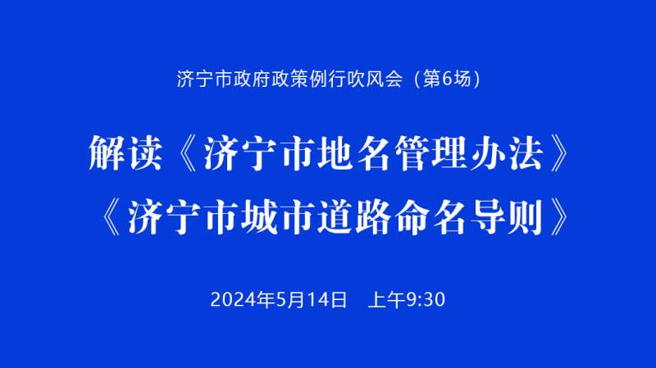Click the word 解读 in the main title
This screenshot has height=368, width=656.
[125, 153]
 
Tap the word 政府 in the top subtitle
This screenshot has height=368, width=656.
[253, 79]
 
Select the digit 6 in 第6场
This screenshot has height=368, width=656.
[447, 79]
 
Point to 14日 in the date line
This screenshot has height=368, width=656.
[327, 300]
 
